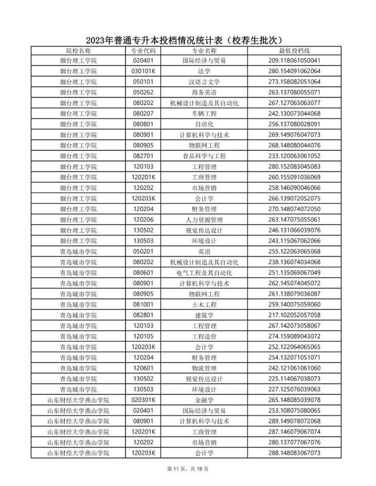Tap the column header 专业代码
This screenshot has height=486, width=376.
(x=143, y=51)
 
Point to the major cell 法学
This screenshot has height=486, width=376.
(x=207, y=70)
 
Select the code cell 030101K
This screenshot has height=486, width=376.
(x=143, y=70)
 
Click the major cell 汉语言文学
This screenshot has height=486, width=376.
(x=207, y=82)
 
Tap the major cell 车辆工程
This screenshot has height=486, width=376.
(x=207, y=113)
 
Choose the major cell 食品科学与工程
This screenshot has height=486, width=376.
(x=207, y=156)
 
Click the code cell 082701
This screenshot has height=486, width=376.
(x=143, y=156)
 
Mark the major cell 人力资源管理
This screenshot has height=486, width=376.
(x=207, y=220)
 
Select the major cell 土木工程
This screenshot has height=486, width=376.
(x=207, y=305)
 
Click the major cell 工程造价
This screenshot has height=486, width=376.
(x=207, y=336)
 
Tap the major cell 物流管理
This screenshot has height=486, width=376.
(x=207, y=368)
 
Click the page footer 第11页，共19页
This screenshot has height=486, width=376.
(x=188, y=468)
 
